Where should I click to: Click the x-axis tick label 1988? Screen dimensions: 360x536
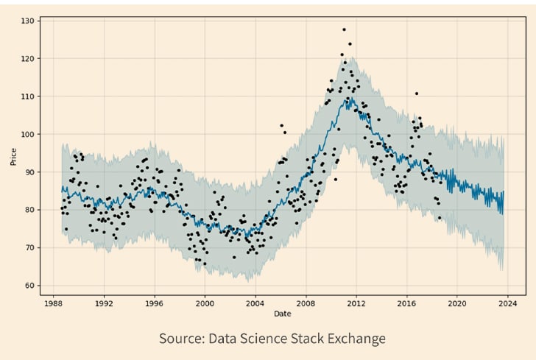[x=53, y=303]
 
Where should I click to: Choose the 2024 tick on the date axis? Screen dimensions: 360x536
[x=508, y=303]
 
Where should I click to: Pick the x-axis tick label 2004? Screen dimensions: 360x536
[x=255, y=303]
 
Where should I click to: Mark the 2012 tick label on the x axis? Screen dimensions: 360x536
[x=356, y=303]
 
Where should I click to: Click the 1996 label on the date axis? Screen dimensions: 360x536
[x=154, y=303]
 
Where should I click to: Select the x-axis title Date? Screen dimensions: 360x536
[x=283, y=314]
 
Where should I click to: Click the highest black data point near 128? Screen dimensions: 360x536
[x=344, y=29]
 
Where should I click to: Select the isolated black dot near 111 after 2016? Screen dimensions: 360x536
[x=417, y=93]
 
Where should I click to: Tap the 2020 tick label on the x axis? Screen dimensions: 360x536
[x=457, y=303]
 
